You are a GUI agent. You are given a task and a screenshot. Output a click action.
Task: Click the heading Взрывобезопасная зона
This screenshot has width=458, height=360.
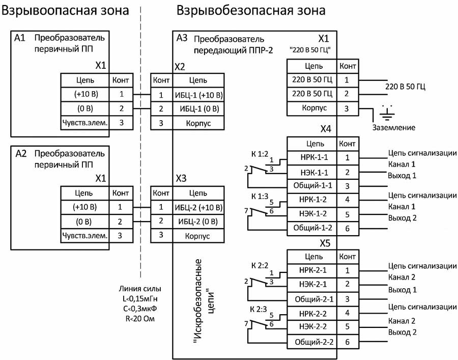pyautogui.click(x=250, y=10)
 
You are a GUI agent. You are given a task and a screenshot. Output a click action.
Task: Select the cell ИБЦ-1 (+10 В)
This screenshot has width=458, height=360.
pyautogui.click(x=198, y=95)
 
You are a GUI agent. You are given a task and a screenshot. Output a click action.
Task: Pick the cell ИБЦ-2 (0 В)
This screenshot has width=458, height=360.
pyautogui.click(x=198, y=221)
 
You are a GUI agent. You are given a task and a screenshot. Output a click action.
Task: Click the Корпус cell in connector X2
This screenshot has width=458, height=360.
pyautogui.click(x=198, y=124)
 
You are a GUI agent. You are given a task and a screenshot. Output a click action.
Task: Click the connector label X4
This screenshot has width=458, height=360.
pyautogui.click(x=325, y=129)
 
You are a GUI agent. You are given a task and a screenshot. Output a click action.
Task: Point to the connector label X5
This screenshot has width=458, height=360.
pyautogui.click(x=325, y=243)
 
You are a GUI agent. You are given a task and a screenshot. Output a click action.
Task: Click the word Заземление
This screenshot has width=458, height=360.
pyautogui.click(x=394, y=127)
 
